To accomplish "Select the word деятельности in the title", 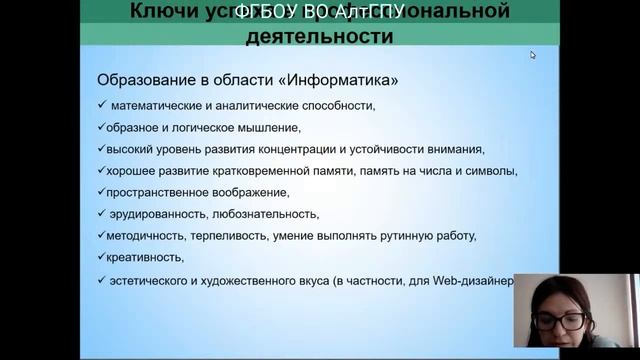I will (x=319, y=36).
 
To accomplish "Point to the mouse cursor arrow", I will (x=533, y=55).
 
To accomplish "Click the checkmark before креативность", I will (x=101, y=257).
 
